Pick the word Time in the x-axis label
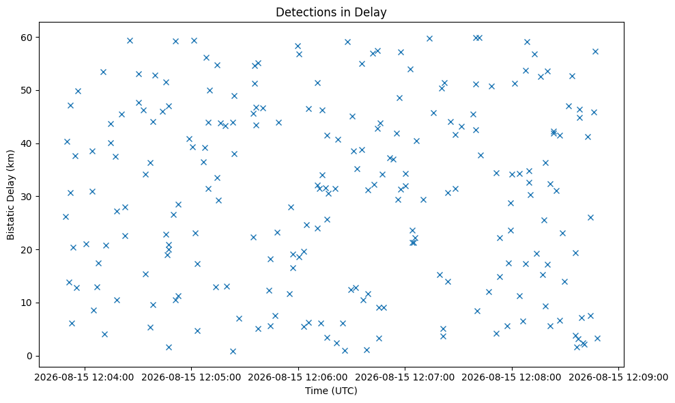click(x=315, y=391)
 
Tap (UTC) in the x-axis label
click(x=343, y=391)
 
